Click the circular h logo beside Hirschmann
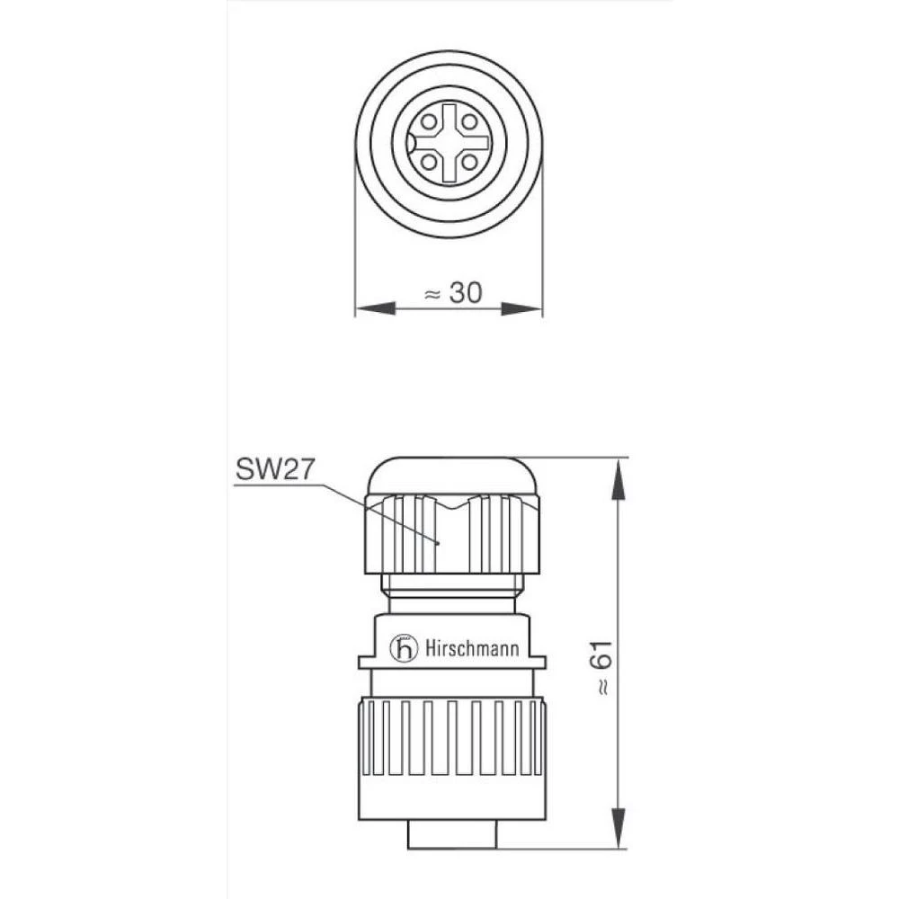tap(405, 648)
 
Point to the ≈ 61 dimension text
tap(603, 670)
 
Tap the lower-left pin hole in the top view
tap(429, 162)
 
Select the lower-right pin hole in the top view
tap(470, 162)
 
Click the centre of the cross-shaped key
tap(449, 141)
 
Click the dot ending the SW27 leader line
tap(438, 543)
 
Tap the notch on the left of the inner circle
tap(410, 142)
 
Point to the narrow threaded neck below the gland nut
tap(449, 593)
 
